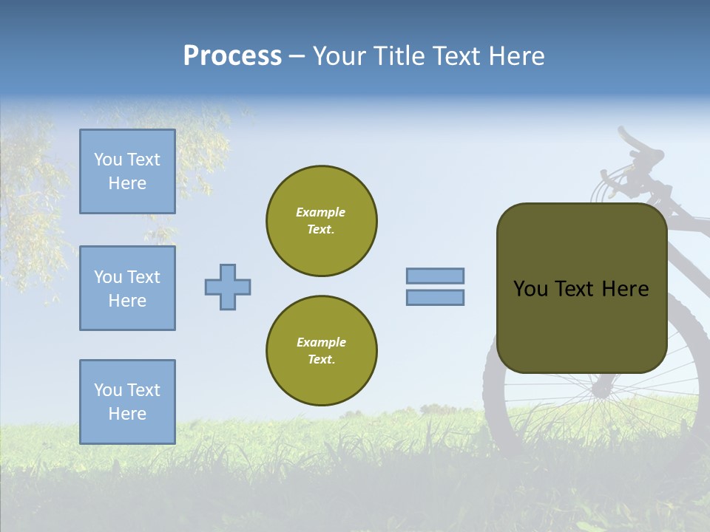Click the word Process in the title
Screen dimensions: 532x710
point(232,56)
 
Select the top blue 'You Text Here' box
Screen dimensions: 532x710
point(127,171)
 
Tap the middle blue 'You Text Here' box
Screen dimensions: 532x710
point(127,288)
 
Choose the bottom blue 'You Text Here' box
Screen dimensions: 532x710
point(127,402)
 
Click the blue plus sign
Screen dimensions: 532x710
point(228,287)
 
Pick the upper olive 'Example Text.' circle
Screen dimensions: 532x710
point(322,221)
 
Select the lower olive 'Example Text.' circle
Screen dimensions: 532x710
point(322,351)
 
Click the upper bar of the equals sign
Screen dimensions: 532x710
point(436,276)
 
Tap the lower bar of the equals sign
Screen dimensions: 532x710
point(436,297)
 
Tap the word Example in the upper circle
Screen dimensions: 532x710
point(321,212)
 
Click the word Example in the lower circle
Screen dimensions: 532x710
point(321,342)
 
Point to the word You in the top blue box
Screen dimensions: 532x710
point(107,160)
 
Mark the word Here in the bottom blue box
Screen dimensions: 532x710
point(127,414)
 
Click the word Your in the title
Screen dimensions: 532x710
point(339,56)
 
